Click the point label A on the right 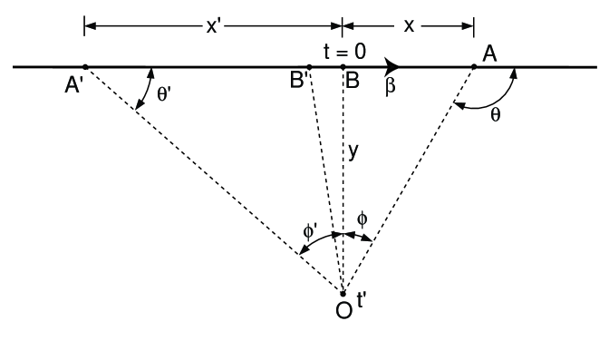point(489,54)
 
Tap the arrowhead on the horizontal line point(392,66)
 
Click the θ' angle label point(163,94)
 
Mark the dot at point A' point(84,66)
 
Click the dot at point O point(343,293)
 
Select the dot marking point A point(474,66)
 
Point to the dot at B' point(309,66)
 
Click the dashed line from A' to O point(213,180)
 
